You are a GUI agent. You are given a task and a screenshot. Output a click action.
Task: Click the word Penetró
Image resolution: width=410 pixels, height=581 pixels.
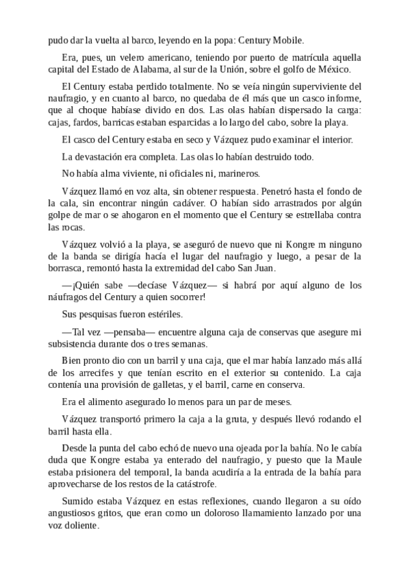[x=257, y=190]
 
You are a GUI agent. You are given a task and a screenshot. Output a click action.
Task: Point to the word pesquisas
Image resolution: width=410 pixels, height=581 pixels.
[x=94, y=314]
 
